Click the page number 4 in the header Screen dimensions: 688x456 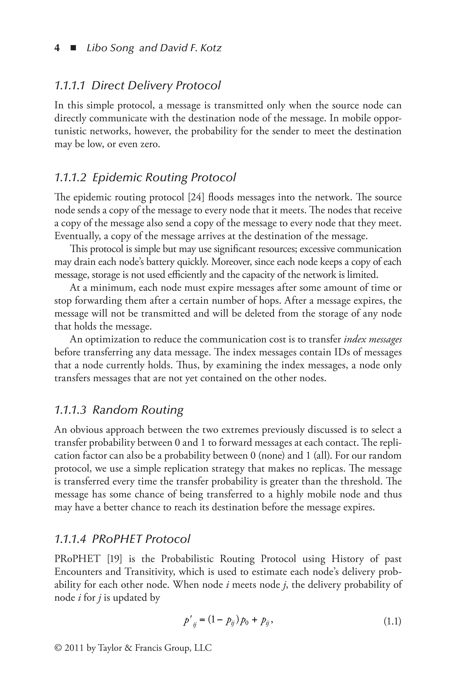pos(57,48)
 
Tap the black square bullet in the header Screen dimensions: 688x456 pos(73,48)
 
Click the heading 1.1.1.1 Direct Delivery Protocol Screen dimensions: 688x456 pos(137,85)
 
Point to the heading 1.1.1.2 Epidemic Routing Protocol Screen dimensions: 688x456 pos(145,177)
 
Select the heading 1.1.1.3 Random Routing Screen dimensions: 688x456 pos(119,410)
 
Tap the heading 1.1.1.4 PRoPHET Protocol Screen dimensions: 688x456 pos(122,539)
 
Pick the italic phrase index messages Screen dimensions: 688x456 pos(373,339)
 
